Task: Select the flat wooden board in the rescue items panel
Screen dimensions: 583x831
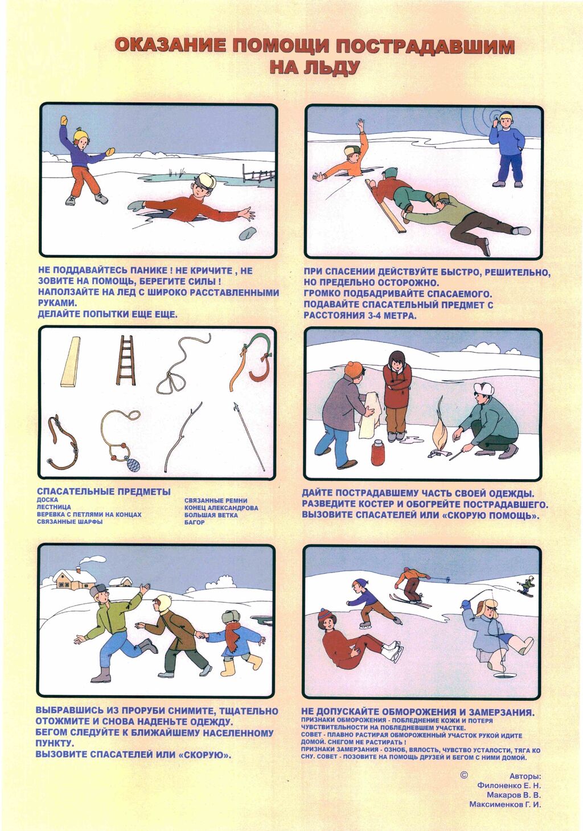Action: (71, 361)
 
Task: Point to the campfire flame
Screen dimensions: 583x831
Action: (440, 431)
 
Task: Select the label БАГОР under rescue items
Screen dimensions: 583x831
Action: (194, 522)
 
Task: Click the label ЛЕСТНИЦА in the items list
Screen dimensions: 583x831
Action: (54, 507)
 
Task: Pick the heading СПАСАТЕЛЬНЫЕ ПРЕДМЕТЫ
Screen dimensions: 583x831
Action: (104, 492)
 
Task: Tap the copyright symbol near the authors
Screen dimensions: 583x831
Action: (463, 775)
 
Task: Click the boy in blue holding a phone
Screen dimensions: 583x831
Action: (507, 149)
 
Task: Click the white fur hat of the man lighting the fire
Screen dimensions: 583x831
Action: (483, 388)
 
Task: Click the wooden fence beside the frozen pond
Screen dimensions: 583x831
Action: (258, 173)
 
